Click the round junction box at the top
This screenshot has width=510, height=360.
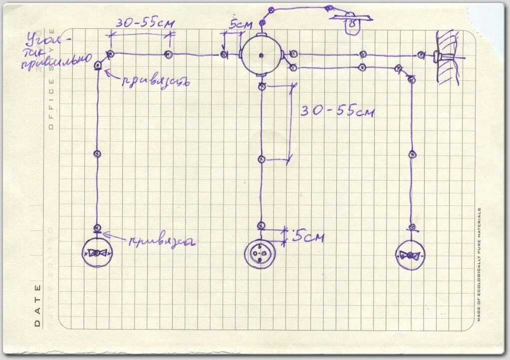[x=260, y=54]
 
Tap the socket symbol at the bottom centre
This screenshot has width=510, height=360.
[x=259, y=254]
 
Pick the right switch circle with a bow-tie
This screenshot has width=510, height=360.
[x=411, y=255]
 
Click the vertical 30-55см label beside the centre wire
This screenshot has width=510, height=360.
[x=336, y=111]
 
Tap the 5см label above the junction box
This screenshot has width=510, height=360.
[x=241, y=24]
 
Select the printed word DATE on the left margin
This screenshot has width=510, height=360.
[x=38, y=305]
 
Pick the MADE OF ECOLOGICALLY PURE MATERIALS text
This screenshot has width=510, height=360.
[x=479, y=264]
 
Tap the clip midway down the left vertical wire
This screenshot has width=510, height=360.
[x=98, y=154]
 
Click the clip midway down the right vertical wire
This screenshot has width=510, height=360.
[x=413, y=154]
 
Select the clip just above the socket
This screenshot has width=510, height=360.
[x=260, y=225]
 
